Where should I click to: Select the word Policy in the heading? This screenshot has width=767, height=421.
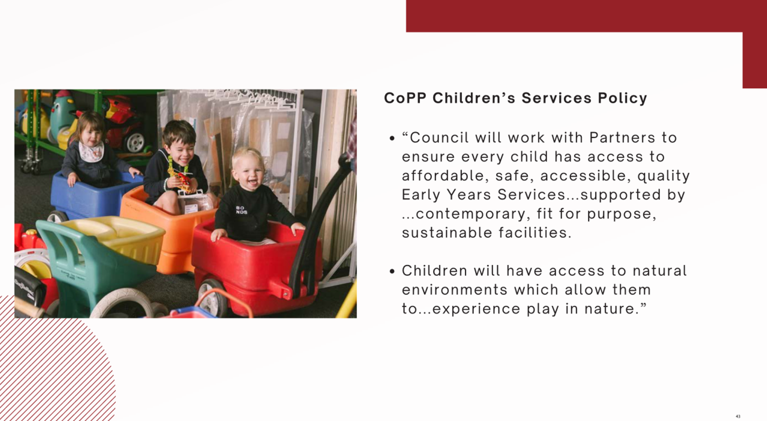(x=622, y=99)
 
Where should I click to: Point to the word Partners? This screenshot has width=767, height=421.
(x=622, y=138)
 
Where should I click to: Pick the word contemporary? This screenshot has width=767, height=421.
(x=471, y=214)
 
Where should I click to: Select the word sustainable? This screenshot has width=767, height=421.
(x=447, y=232)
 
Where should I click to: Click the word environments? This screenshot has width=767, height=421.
(x=454, y=290)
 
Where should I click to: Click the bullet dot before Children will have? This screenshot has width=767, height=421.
(x=392, y=272)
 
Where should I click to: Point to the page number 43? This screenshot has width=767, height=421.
(x=738, y=417)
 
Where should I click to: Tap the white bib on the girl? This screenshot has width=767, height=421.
(x=91, y=152)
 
